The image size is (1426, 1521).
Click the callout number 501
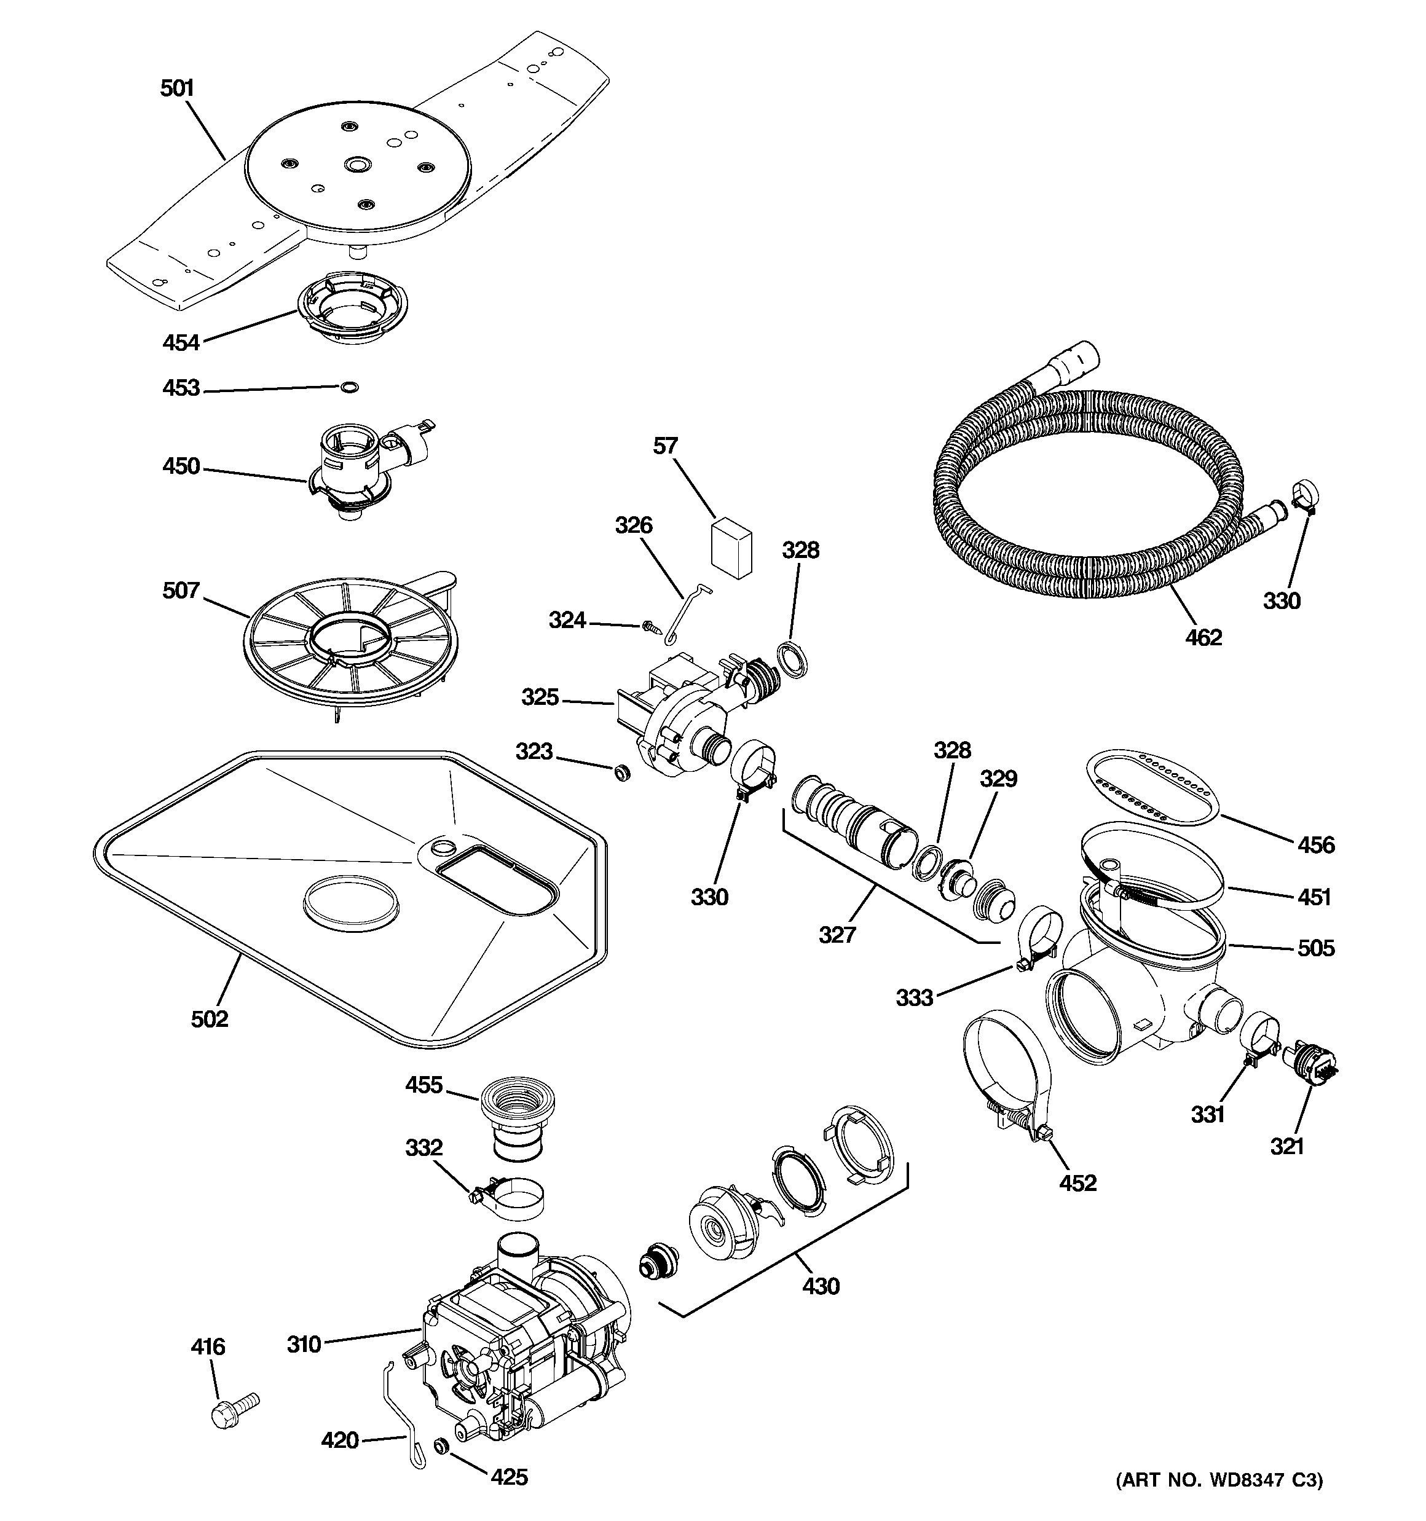(x=177, y=88)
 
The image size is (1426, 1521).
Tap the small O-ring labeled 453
(x=349, y=388)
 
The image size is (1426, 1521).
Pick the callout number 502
(x=210, y=1018)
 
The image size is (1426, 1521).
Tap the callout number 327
(x=837, y=934)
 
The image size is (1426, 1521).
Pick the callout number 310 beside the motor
(x=304, y=1344)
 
